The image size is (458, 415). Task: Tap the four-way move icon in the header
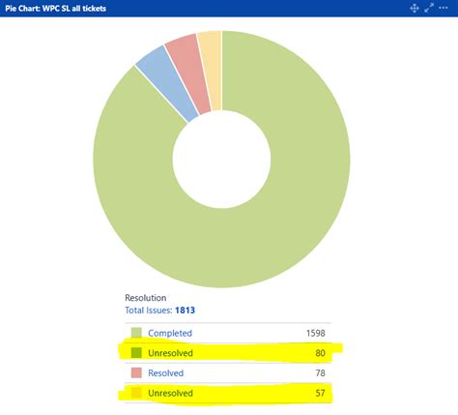pyautogui.click(x=415, y=8)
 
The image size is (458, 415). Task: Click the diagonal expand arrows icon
pyautogui.click(x=429, y=8)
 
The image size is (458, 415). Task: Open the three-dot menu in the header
pyautogui.click(x=445, y=8)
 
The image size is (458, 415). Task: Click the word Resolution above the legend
pyautogui.click(x=147, y=298)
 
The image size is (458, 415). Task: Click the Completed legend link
pyautogui.click(x=170, y=333)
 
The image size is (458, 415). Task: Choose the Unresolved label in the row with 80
pyautogui.click(x=171, y=353)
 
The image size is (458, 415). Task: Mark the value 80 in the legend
pyautogui.click(x=320, y=353)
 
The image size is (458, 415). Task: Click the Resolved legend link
pyautogui.click(x=167, y=373)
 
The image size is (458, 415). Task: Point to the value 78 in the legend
pyautogui.click(x=320, y=373)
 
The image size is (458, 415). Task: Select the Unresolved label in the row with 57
pyautogui.click(x=171, y=393)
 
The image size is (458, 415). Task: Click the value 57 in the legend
pyautogui.click(x=320, y=393)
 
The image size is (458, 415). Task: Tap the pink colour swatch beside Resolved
pyautogui.click(x=136, y=373)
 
